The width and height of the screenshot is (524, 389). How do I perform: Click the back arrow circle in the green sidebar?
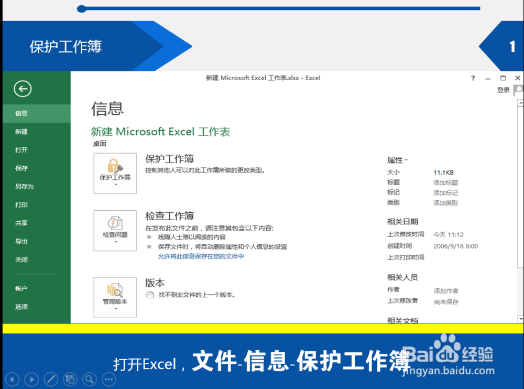[23, 89]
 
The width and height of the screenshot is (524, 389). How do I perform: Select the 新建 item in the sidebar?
[21, 132]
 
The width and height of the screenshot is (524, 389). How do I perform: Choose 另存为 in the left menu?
[24, 187]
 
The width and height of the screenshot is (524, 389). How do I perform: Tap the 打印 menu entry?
[21, 205]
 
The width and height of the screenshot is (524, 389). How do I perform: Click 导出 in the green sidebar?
[21, 242]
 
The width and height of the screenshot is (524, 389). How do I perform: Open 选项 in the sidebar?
[21, 307]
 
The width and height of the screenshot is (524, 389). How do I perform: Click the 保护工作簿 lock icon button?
[115, 173]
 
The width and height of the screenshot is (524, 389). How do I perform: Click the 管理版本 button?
[115, 297]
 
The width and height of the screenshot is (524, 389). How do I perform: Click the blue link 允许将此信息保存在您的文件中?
[201, 256]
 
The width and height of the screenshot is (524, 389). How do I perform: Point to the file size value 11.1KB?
[443, 172]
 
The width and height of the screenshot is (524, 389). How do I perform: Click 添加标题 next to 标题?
[445, 182]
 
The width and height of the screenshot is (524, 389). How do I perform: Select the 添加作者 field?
[445, 290]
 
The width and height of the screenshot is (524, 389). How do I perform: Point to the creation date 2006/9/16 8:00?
[455, 246]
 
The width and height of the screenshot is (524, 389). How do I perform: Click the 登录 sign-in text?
[503, 90]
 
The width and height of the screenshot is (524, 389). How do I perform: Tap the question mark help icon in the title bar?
[473, 78]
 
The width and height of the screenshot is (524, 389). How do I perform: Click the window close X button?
[518, 78]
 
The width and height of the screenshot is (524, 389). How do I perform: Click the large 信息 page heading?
[107, 109]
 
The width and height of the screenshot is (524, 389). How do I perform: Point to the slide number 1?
[512, 47]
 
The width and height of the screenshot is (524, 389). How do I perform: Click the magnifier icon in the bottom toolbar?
[90, 379]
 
